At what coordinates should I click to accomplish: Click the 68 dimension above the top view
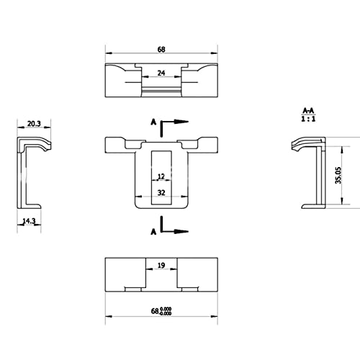coord(161,50)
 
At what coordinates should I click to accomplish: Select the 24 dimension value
coord(161,73)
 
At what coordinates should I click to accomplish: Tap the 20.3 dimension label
coord(34,124)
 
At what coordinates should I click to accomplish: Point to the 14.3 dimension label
coord(29,221)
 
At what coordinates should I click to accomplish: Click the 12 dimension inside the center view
coord(161,176)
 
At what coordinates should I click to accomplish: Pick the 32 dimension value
coord(161,192)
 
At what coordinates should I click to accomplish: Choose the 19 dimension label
coord(161,265)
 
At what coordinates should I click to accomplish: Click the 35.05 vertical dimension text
coord(338,176)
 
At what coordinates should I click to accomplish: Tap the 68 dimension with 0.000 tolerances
coord(161,311)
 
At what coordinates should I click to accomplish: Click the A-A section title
coord(308,111)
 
